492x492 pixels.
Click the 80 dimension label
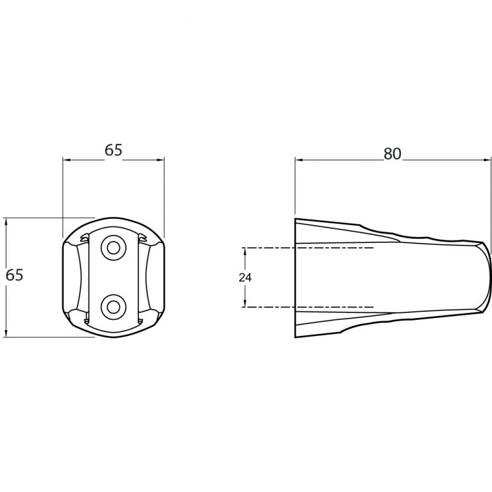(x=392, y=154)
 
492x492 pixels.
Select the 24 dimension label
(x=245, y=277)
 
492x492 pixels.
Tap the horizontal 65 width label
(x=113, y=150)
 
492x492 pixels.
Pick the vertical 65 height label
(x=14, y=275)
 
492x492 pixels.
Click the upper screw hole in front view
(x=113, y=248)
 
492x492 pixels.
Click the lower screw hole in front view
(x=113, y=307)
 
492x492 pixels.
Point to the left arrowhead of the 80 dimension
(x=298, y=160)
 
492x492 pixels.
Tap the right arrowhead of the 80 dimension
(x=488, y=160)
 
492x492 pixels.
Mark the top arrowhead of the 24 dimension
(x=245, y=251)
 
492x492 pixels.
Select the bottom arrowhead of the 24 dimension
(x=245, y=303)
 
